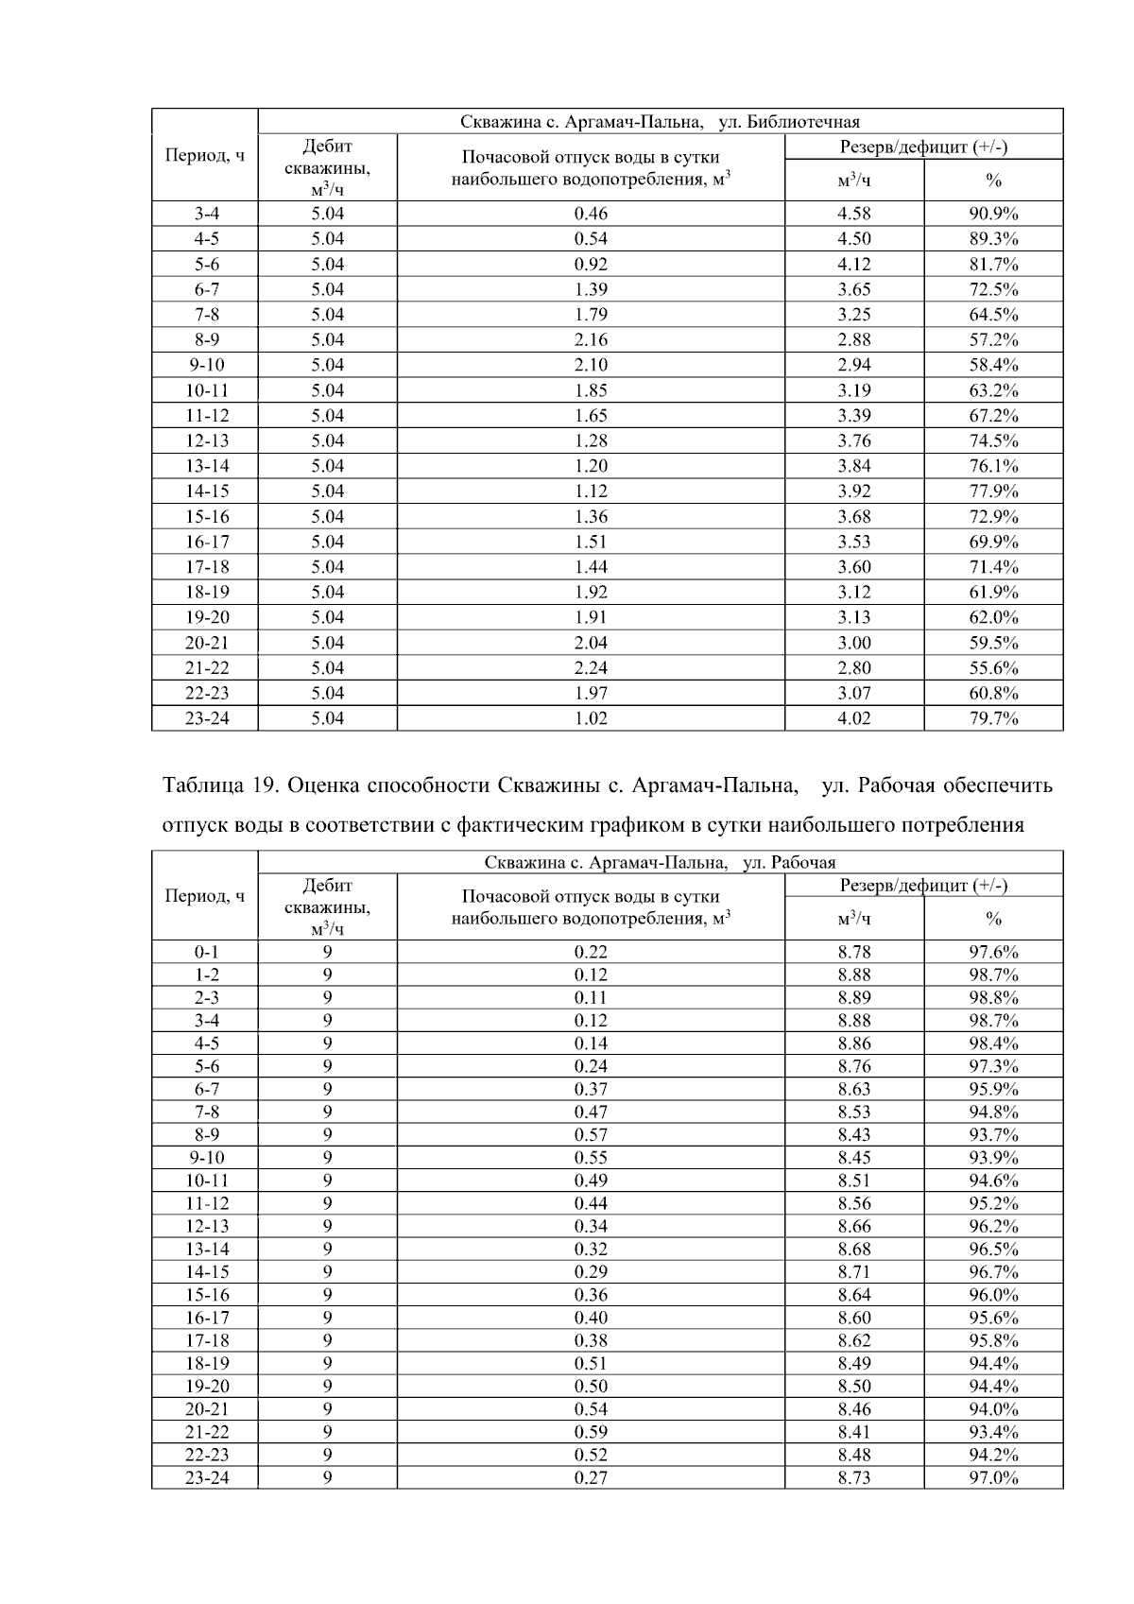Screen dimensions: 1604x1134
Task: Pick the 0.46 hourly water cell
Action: (x=591, y=214)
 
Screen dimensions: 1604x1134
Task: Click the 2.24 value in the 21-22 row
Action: (x=591, y=667)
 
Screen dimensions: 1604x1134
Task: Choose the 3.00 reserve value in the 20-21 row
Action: (x=854, y=643)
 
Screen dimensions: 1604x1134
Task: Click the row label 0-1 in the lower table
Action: (x=206, y=952)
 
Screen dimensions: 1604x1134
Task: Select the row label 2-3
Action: (x=206, y=997)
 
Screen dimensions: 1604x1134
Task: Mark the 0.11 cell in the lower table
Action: (x=591, y=997)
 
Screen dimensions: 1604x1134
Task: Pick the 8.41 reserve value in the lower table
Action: (x=854, y=1432)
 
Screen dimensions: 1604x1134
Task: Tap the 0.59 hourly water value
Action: (x=591, y=1432)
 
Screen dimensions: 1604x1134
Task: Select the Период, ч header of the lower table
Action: (x=205, y=895)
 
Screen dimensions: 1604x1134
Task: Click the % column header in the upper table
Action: (x=993, y=180)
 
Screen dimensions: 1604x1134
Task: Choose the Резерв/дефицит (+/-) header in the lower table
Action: (x=923, y=886)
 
